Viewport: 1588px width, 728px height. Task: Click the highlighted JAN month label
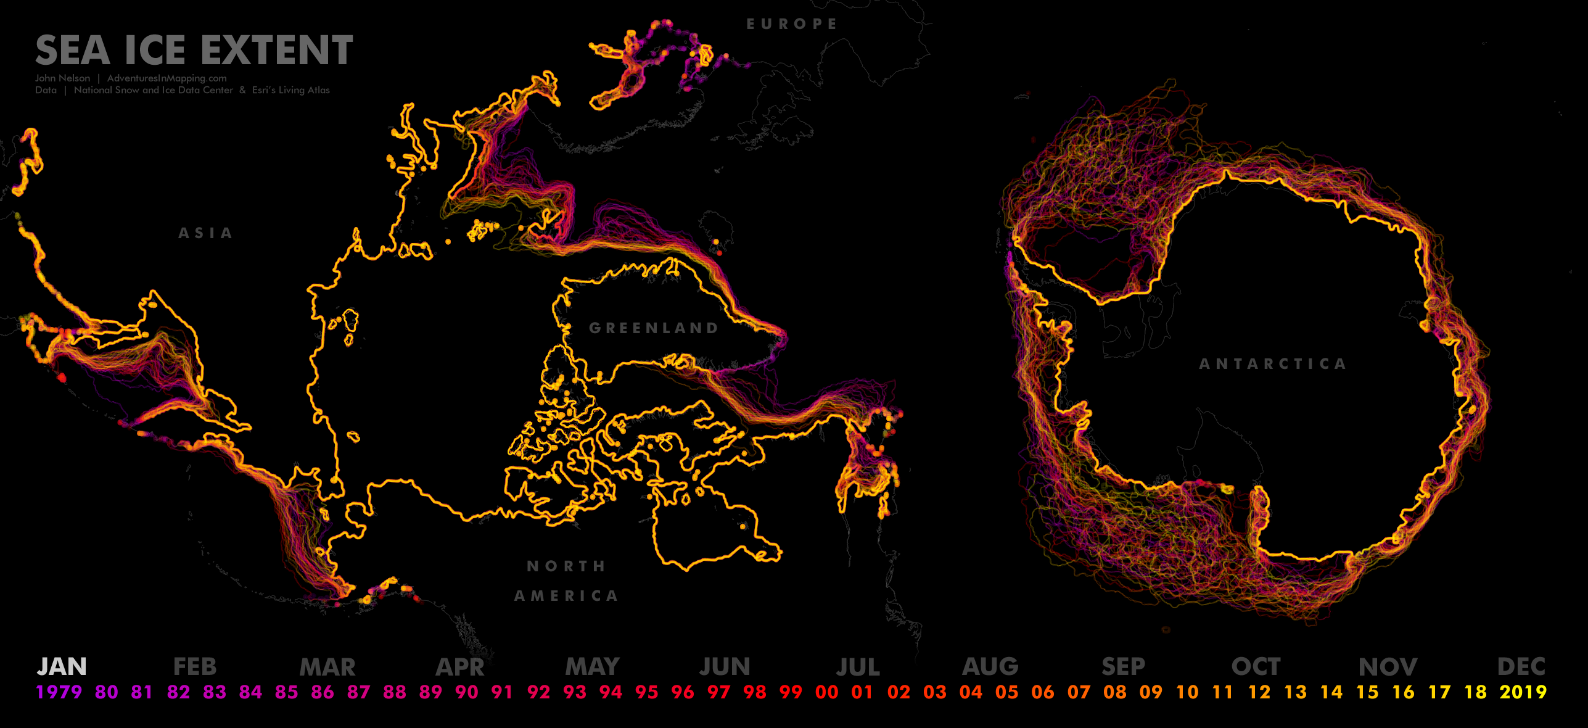(x=62, y=666)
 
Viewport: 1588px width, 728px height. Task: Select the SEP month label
(x=1123, y=666)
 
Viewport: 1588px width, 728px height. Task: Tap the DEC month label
(x=1521, y=666)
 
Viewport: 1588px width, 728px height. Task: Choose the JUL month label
(x=858, y=666)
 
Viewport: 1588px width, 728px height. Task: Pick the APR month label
(x=460, y=666)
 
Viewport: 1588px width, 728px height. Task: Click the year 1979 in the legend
(x=59, y=692)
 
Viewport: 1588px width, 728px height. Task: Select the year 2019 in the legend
(x=1523, y=692)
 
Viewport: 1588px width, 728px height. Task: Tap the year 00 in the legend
(x=826, y=692)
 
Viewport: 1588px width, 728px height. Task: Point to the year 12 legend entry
(x=1259, y=692)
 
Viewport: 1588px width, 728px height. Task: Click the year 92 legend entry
(x=538, y=692)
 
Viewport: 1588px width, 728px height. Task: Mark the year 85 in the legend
(x=287, y=692)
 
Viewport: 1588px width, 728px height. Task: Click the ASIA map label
(x=205, y=233)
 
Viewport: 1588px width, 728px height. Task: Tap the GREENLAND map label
(x=654, y=328)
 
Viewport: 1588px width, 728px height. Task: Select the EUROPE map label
(x=792, y=24)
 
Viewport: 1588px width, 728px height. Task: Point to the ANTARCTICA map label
(x=1272, y=364)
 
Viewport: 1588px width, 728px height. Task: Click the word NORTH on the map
(x=566, y=566)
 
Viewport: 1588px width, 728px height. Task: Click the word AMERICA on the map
(x=566, y=595)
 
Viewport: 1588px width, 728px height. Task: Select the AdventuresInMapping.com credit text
(x=167, y=78)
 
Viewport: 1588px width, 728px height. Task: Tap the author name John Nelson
(x=62, y=78)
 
